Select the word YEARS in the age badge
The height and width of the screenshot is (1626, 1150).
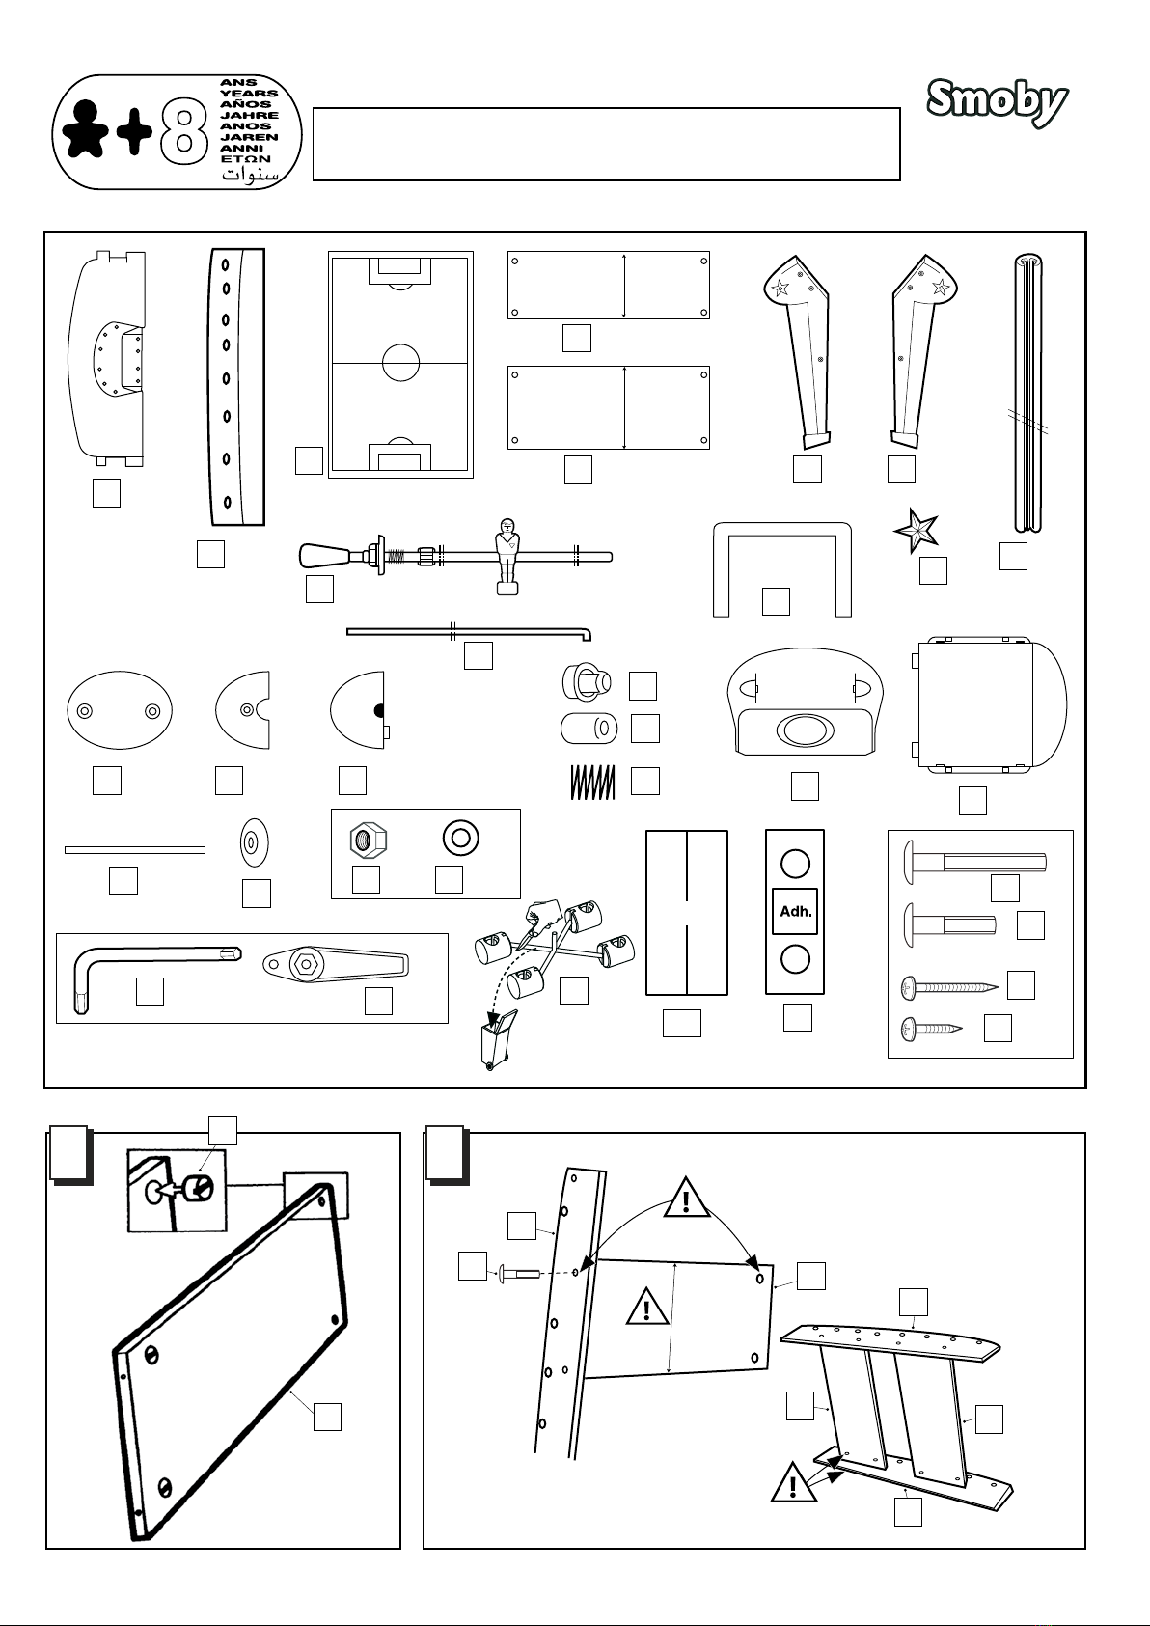249,94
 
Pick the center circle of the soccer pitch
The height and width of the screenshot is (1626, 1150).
400,363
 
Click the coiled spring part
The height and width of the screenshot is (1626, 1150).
591,783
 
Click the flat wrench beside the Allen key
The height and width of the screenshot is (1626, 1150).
337,964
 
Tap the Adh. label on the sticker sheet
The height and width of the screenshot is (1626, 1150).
796,911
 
